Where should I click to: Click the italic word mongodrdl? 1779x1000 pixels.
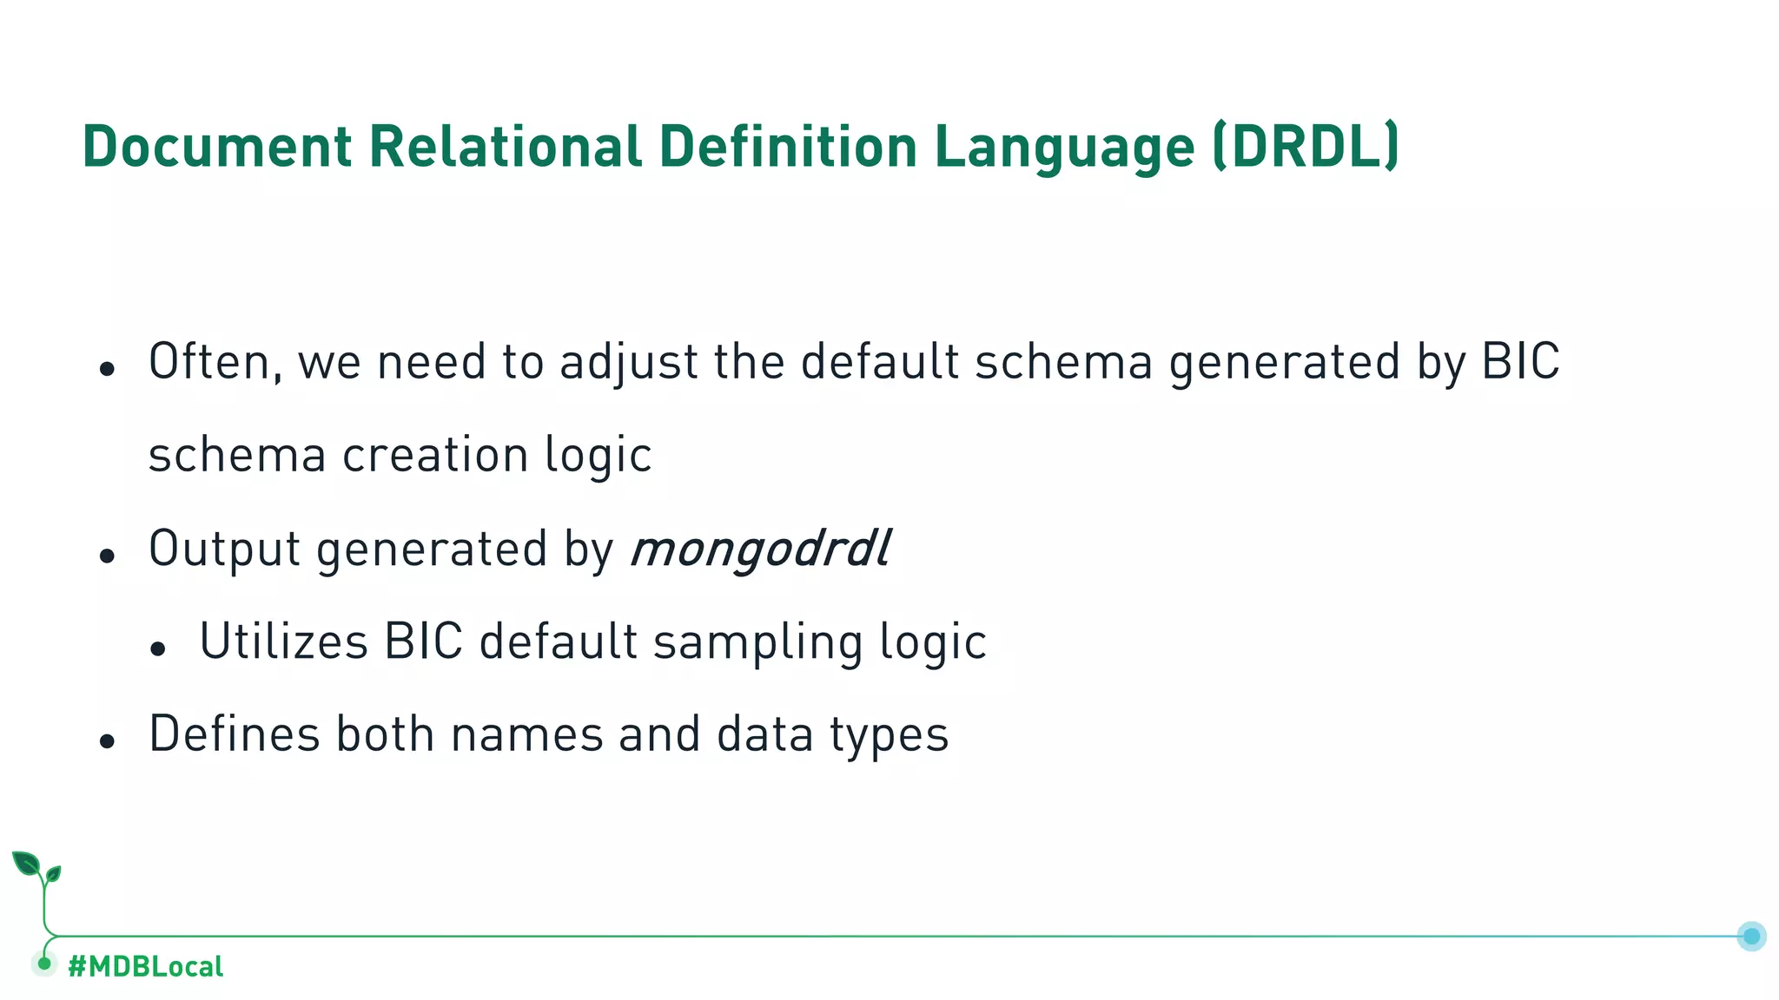tap(760, 549)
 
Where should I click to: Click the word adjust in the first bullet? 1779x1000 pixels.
tap(629, 363)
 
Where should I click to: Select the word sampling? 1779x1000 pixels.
tap(757, 643)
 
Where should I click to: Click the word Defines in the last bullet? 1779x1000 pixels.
tap(235, 734)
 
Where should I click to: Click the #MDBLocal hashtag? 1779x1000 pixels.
tap(145, 966)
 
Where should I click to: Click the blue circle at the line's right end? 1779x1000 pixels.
tap(1751, 936)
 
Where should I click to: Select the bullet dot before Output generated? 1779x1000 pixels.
tap(107, 556)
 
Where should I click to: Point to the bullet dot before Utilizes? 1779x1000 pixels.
tap(157, 648)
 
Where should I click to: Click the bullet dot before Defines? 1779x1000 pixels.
tap(107, 741)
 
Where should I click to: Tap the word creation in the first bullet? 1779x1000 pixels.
tap(434, 455)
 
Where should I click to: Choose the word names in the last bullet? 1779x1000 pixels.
tap(526, 734)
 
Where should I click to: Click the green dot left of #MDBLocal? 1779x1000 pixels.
tap(44, 964)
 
